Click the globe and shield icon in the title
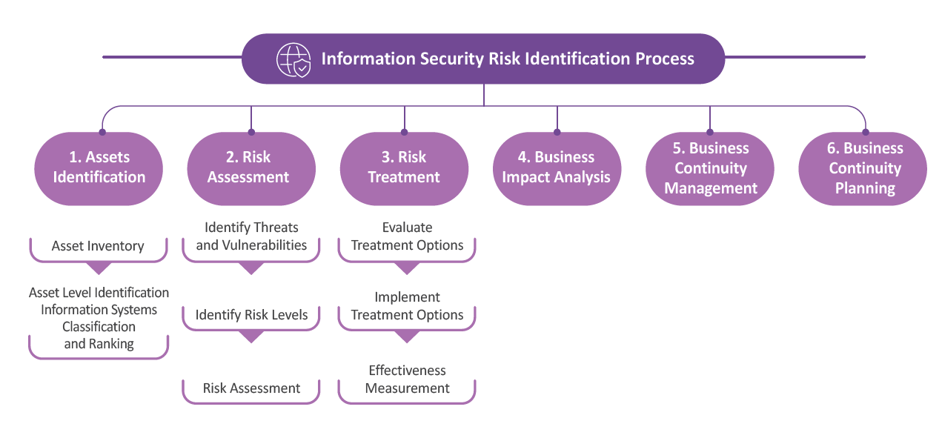[293, 60]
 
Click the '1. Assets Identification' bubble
[99, 169]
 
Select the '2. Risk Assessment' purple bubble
[251, 169]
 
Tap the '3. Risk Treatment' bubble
[404, 169]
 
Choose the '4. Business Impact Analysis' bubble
[557, 169]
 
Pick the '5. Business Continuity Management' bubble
[710, 169]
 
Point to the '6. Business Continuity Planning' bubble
[863, 169]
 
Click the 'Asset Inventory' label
[98, 246]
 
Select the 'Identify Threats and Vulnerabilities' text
[251, 236]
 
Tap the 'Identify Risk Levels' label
[251, 314]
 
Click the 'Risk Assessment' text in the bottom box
[251, 388]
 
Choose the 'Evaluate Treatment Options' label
[407, 236]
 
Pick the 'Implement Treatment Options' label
[407, 306]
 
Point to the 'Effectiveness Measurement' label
[407, 379]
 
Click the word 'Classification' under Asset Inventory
[99, 327]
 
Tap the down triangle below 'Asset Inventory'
[99, 268]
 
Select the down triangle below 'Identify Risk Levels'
[251, 337]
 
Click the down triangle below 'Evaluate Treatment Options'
[407, 268]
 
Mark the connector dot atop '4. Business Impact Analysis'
[557, 132]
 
